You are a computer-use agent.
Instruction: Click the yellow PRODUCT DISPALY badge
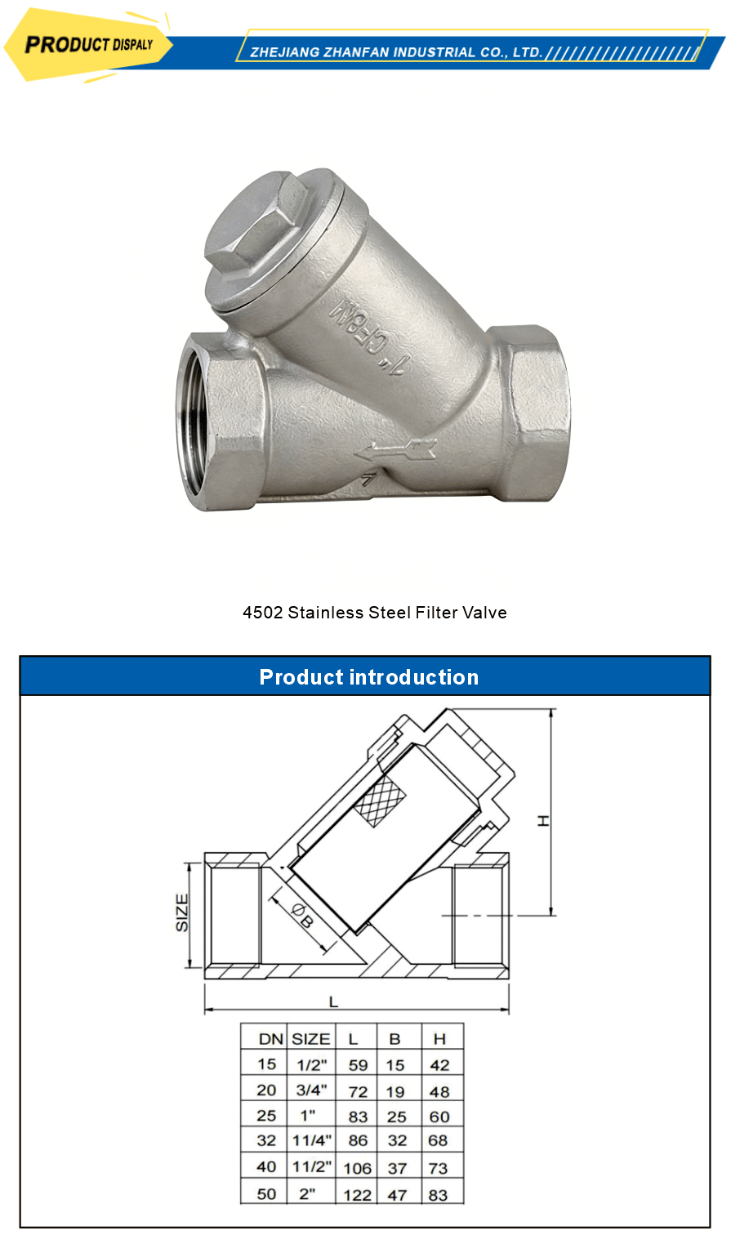pos(88,44)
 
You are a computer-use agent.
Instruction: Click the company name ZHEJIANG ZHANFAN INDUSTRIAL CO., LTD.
pos(396,52)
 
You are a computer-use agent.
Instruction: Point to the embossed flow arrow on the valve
pos(395,449)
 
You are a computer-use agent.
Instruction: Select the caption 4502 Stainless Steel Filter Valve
pos(375,613)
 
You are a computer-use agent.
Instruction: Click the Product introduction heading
pos(368,677)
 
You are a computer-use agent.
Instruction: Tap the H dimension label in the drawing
pos(543,820)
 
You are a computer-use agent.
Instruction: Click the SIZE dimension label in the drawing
pos(182,912)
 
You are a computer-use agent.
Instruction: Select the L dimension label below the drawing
pos(333,1001)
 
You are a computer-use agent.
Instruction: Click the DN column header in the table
pos(270,1039)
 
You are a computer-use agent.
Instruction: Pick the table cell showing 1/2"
pos(311,1064)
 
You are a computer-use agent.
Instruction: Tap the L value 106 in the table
pos(357,1168)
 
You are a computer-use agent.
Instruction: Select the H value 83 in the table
pos(439,1194)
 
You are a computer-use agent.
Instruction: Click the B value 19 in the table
pos(395,1091)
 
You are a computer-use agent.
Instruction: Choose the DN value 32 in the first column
pos(267,1141)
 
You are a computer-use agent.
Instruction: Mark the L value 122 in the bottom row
pos(358,1194)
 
